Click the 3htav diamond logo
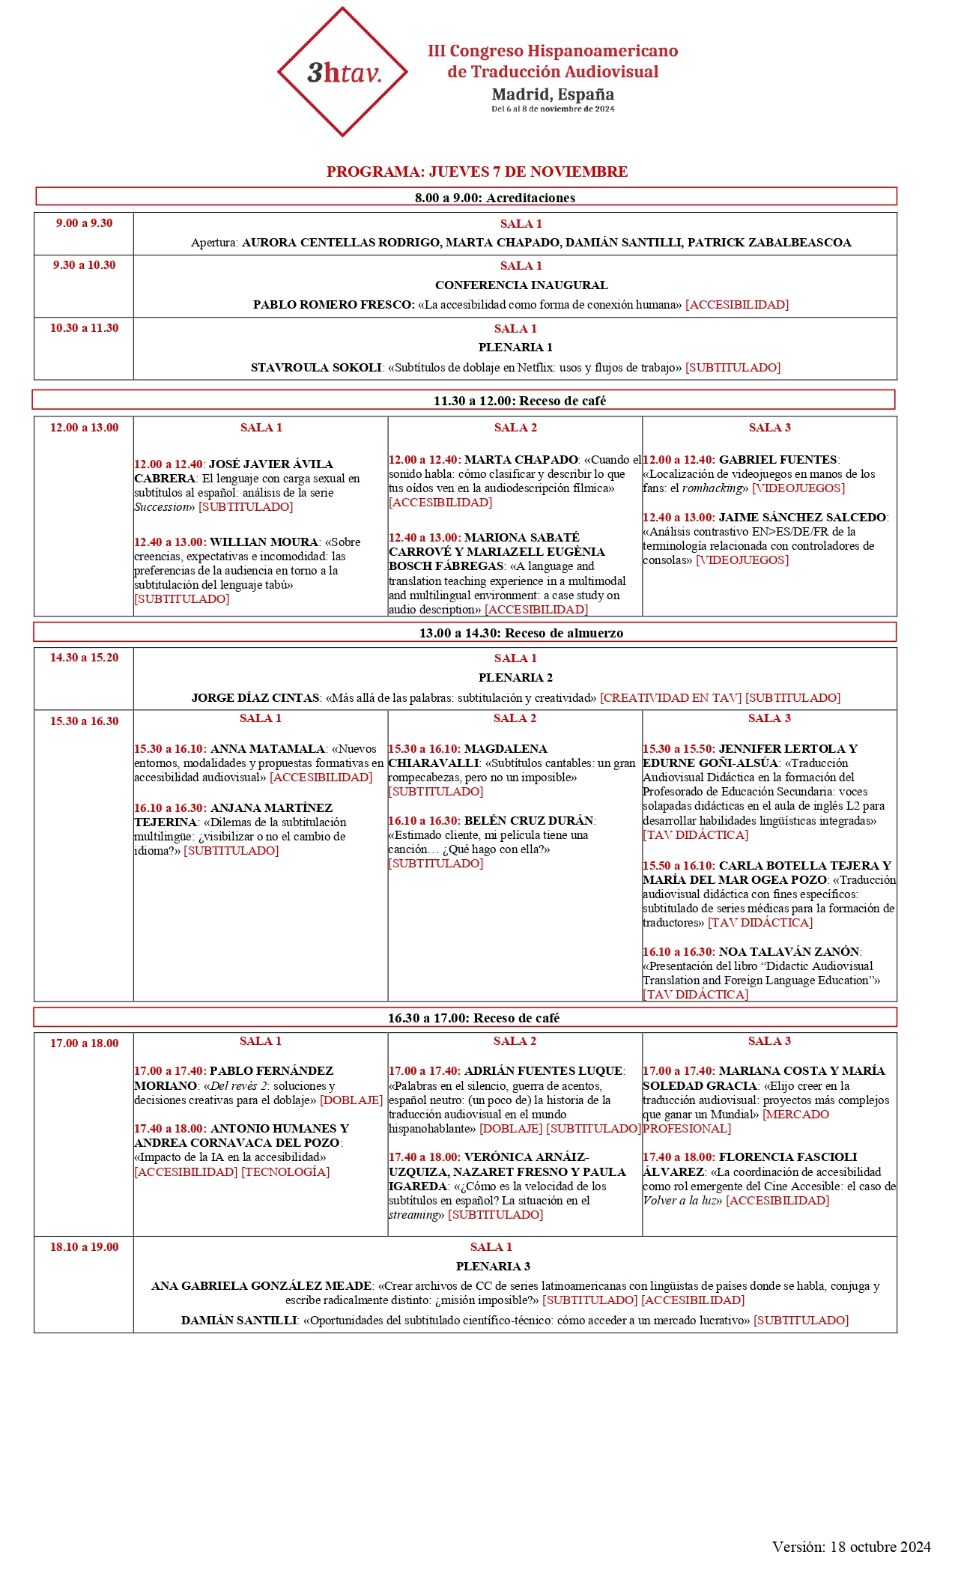point(342,72)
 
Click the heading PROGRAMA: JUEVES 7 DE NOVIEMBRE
point(477,172)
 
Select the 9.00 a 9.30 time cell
point(84,223)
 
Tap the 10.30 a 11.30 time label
point(84,328)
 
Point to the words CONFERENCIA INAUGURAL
point(521,285)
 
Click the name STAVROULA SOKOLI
point(316,368)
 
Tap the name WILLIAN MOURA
point(264,542)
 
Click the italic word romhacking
point(712,488)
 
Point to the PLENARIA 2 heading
point(515,678)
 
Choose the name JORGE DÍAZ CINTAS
point(255,698)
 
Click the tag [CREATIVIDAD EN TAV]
point(670,698)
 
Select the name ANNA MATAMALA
point(268,749)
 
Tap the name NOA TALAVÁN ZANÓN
point(789,952)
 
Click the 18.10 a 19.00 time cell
point(84,1247)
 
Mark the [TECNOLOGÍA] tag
point(285,1172)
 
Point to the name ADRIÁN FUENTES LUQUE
point(544,1071)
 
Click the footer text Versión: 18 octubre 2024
point(851,1547)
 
